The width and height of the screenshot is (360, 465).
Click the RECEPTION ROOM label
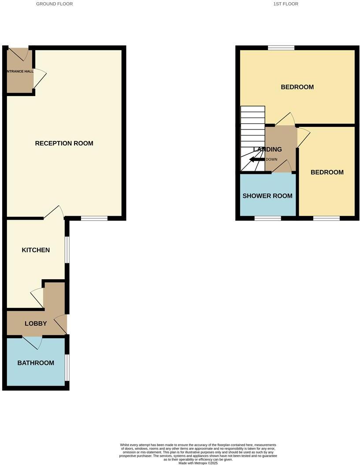click(64, 143)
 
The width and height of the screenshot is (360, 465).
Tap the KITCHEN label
click(36, 250)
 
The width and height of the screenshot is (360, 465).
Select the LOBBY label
click(36, 324)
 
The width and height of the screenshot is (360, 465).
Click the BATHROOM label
click(36, 363)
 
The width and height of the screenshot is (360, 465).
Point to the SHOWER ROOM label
click(267, 196)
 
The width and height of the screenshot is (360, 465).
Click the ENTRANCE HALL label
click(20, 71)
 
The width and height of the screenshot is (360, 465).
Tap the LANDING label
click(267, 150)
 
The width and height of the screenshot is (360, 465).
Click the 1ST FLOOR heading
click(286, 4)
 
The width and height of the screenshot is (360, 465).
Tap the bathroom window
click(67, 367)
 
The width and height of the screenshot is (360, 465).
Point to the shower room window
click(268, 218)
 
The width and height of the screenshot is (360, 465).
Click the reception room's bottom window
click(94, 218)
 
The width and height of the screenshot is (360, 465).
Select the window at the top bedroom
click(281, 48)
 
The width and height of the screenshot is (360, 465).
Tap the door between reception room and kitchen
click(55, 212)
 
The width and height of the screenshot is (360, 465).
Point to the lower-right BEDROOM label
click(327, 172)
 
